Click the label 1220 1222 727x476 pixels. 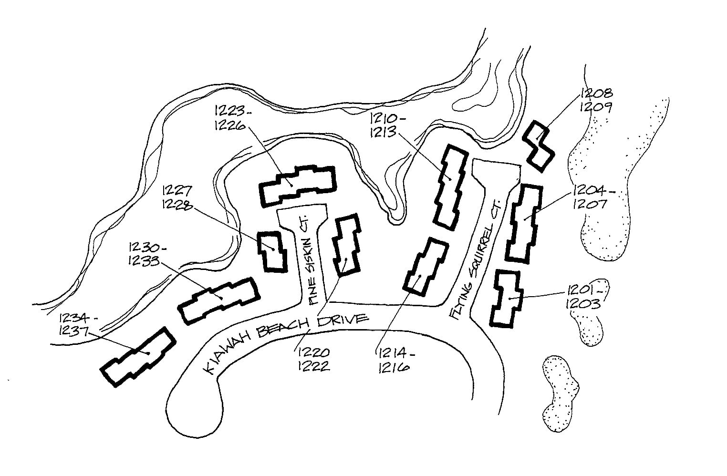click(313, 360)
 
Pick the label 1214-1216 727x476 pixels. click(394, 360)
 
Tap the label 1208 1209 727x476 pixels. click(596, 99)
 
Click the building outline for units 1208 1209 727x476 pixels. click(540, 145)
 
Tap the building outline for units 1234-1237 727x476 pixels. click(138, 357)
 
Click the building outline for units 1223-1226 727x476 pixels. click(297, 185)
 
